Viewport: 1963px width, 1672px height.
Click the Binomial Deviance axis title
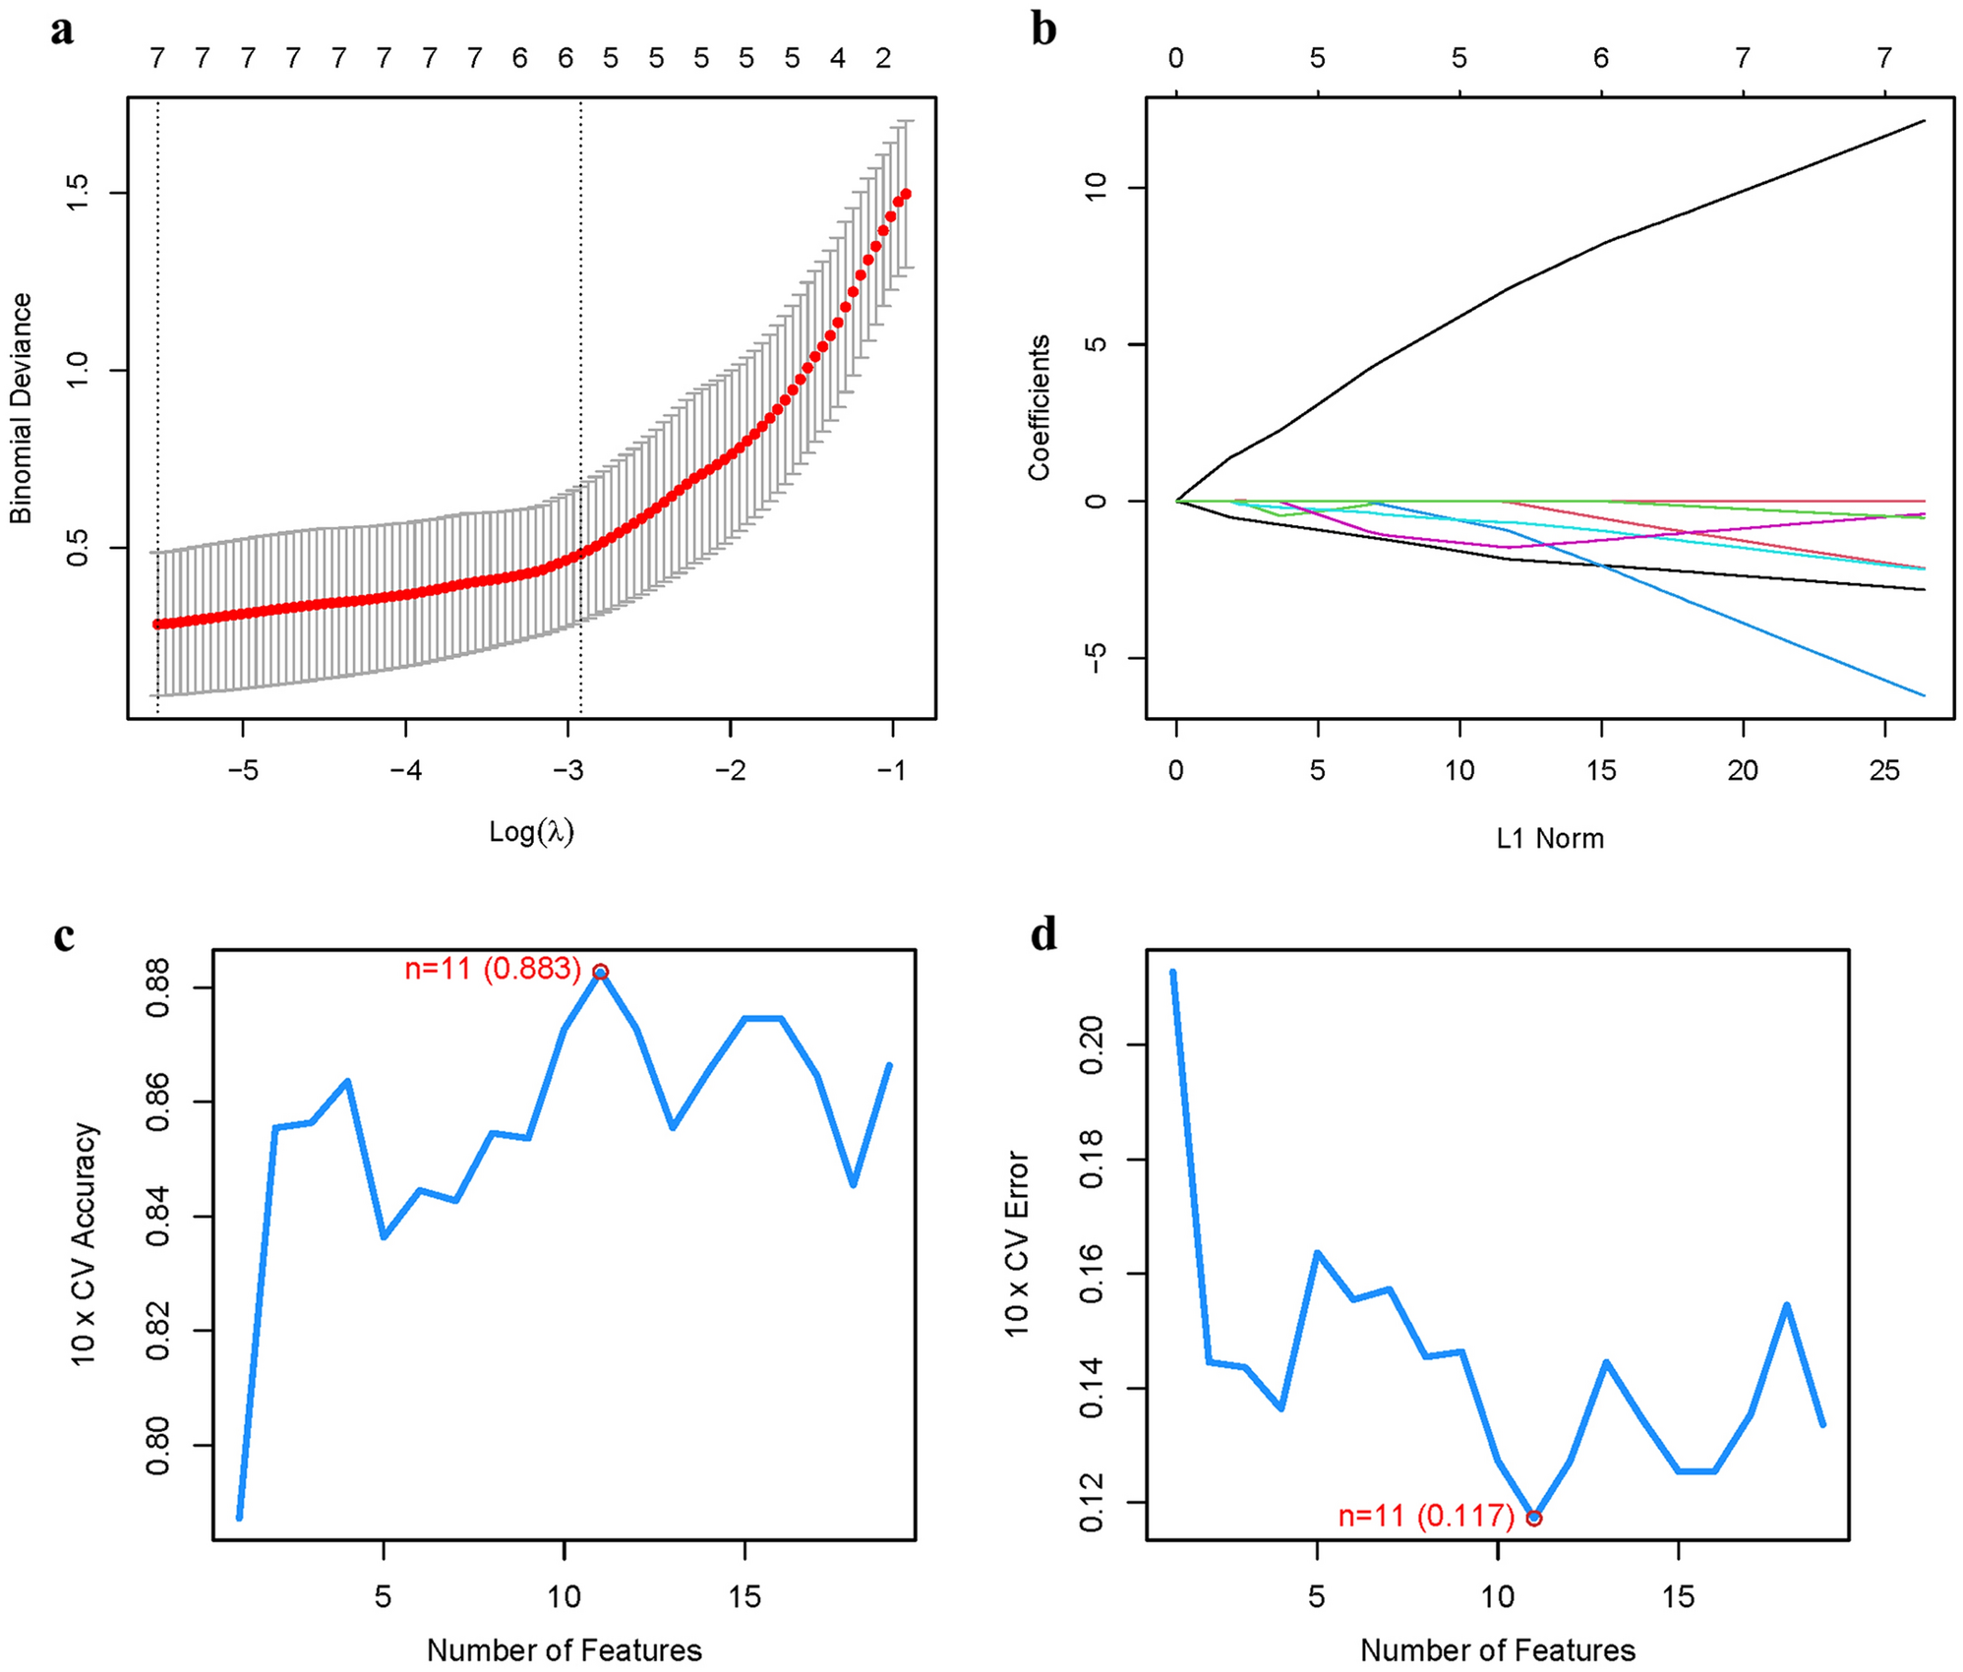tap(21, 408)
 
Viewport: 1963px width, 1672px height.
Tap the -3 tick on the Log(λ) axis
tap(567, 770)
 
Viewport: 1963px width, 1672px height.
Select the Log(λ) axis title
tap(531, 832)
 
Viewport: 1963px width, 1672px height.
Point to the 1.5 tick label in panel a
tap(78, 193)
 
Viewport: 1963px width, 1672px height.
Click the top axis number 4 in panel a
tap(838, 59)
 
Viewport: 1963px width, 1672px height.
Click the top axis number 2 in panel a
tap(883, 59)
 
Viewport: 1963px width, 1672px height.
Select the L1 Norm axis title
tap(1550, 839)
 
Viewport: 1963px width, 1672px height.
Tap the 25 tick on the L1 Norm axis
tap(1884, 770)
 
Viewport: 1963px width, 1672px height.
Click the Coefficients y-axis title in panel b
tap(1040, 407)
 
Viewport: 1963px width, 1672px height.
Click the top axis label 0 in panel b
tap(1176, 59)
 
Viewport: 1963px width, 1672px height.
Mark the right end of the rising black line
tap(1924, 121)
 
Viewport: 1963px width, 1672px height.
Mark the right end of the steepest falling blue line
tap(1924, 695)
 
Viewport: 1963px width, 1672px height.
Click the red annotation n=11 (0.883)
tap(493, 969)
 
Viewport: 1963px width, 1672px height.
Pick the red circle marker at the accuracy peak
tap(600, 972)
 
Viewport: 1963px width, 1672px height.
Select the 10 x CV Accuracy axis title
tap(85, 1244)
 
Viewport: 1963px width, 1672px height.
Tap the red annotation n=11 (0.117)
tap(1426, 1516)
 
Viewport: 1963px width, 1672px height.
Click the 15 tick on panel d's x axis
tap(1679, 1596)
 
